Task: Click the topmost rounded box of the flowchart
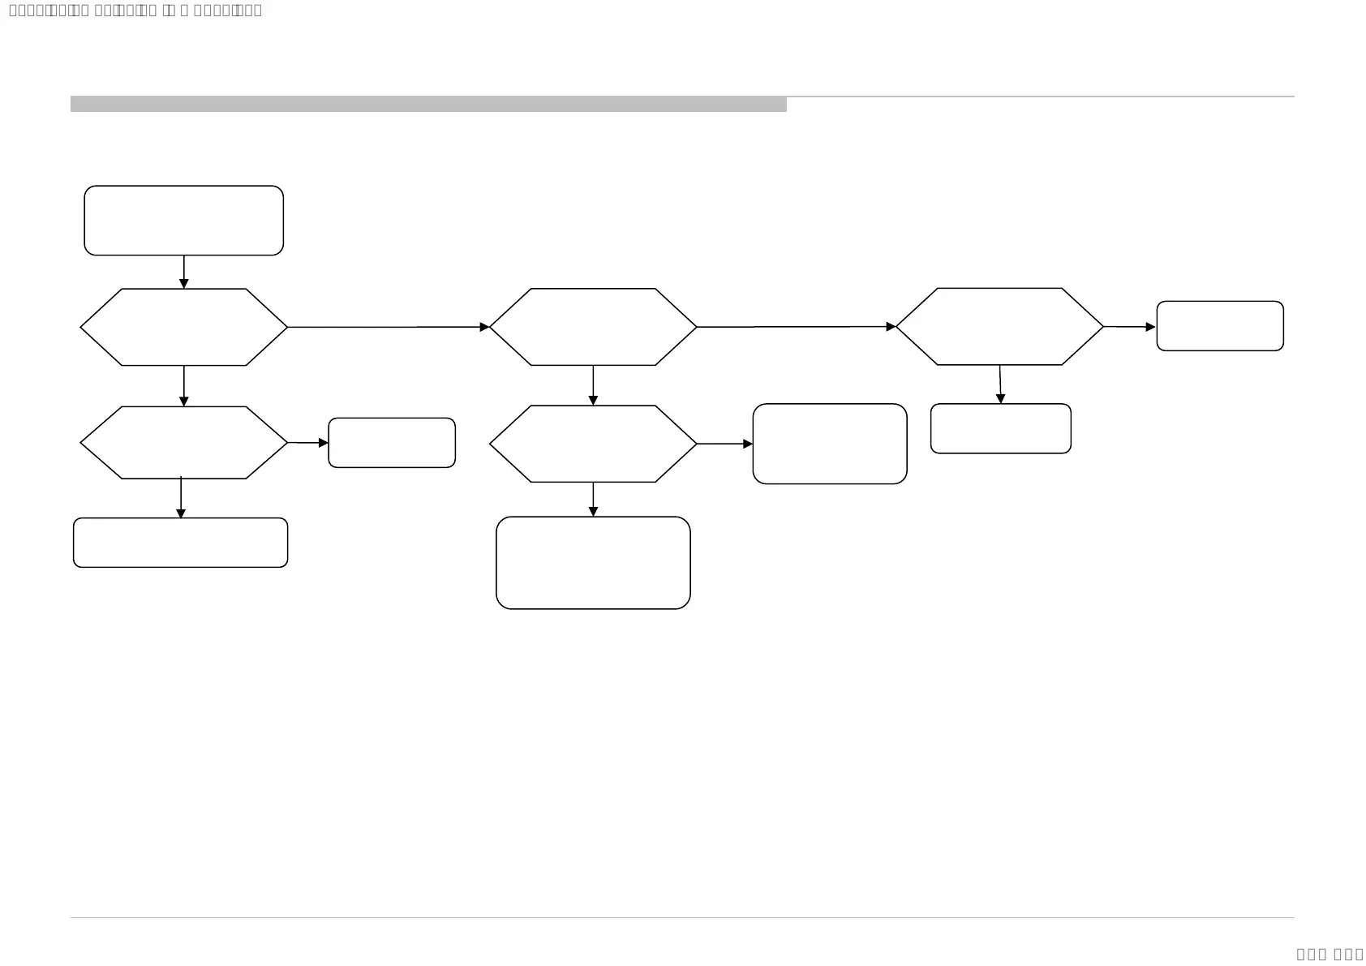point(183,221)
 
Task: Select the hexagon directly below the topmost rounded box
point(183,327)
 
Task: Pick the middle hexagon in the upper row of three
point(593,327)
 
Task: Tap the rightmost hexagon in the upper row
point(999,327)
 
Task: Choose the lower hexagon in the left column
point(183,443)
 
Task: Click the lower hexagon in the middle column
point(593,444)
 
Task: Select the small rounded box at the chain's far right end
point(1219,326)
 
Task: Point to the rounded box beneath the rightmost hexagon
point(1000,428)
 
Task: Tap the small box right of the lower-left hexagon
point(392,443)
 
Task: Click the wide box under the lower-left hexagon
point(180,543)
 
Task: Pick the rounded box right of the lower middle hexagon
point(829,444)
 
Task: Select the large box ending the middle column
point(593,563)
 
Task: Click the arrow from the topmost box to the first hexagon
point(183,272)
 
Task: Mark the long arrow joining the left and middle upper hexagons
point(388,327)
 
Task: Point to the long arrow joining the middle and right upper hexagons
point(795,327)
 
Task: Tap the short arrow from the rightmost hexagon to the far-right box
point(1129,327)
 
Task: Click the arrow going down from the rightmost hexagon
point(1000,384)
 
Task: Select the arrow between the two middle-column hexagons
point(593,385)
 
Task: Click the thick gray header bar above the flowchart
point(428,104)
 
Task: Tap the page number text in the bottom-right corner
point(1329,954)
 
